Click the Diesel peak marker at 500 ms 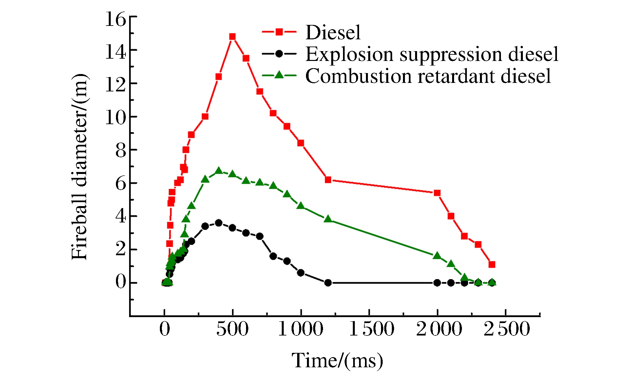click(232, 37)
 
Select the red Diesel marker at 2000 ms click(437, 193)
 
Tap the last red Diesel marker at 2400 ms click(492, 264)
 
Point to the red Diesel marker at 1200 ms click(328, 180)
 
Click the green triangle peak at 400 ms click(219, 171)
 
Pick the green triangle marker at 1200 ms click(328, 219)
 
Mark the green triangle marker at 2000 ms click(437, 256)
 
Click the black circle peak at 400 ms click(219, 223)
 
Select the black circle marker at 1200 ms click(328, 283)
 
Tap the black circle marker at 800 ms click(273, 256)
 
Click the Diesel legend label click(333, 32)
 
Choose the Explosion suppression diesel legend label click(432, 54)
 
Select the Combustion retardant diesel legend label click(428, 76)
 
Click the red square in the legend click(279, 32)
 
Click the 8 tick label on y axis click(121, 151)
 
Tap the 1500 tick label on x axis click(372, 329)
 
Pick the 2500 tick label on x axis click(507, 329)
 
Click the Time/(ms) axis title click(337, 361)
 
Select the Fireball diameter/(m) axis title click(80, 167)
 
